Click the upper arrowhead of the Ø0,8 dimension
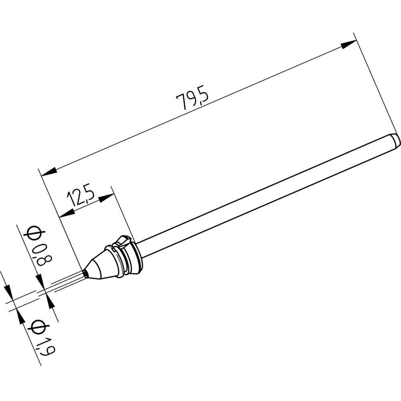(x=41, y=281)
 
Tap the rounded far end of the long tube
(x=395, y=140)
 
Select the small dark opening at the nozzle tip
(x=85, y=273)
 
